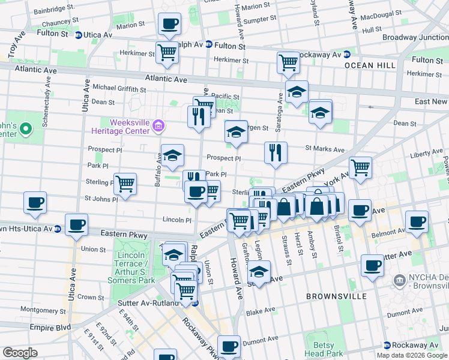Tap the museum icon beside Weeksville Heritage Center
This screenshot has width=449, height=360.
click(158, 126)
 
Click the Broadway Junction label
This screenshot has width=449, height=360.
click(416, 37)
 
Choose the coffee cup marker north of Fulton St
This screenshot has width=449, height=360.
click(169, 25)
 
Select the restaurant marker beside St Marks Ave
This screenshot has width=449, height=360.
click(276, 153)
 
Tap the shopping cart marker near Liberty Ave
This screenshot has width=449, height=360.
click(360, 169)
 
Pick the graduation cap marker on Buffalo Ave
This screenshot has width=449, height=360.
click(172, 156)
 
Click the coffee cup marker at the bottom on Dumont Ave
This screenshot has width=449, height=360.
click(229, 346)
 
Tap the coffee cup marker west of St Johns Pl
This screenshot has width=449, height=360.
click(35, 203)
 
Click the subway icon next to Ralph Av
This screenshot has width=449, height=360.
click(208, 44)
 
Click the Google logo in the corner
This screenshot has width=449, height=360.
click(20, 353)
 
